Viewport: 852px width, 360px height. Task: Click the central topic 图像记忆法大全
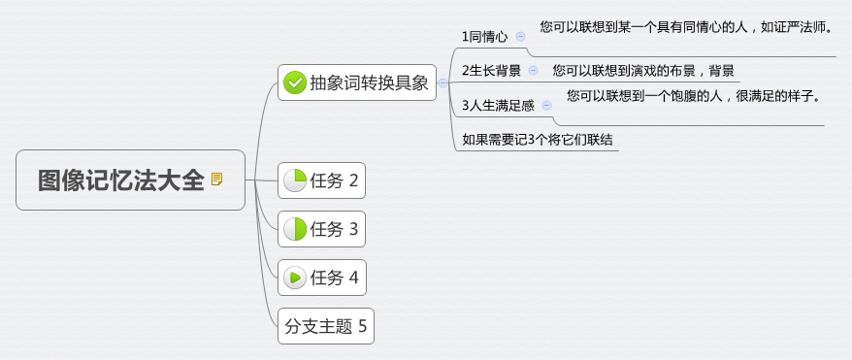pyautogui.click(x=121, y=180)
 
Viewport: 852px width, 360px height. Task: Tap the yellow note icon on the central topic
pyautogui.click(x=216, y=180)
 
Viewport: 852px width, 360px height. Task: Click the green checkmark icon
pyautogui.click(x=295, y=83)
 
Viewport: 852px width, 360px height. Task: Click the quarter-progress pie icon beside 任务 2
pyautogui.click(x=294, y=180)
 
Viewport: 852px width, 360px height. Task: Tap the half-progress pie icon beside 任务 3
pyautogui.click(x=294, y=229)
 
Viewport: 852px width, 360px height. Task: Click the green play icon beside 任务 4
pyautogui.click(x=294, y=278)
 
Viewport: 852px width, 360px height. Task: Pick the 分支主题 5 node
pyautogui.click(x=325, y=326)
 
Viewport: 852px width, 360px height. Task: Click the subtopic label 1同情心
pyautogui.click(x=484, y=37)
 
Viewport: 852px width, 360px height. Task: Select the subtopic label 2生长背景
pyautogui.click(x=491, y=71)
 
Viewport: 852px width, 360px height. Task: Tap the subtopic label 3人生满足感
pyautogui.click(x=498, y=105)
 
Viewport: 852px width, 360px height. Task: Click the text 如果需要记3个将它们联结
pyautogui.click(x=538, y=140)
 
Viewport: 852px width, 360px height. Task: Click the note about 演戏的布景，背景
pyautogui.click(x=642, y=71)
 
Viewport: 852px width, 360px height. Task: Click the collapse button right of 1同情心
pyautogui.click(x=520, y=36)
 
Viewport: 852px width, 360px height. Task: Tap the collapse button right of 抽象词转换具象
pyautogui.click(x=442, y=83)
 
